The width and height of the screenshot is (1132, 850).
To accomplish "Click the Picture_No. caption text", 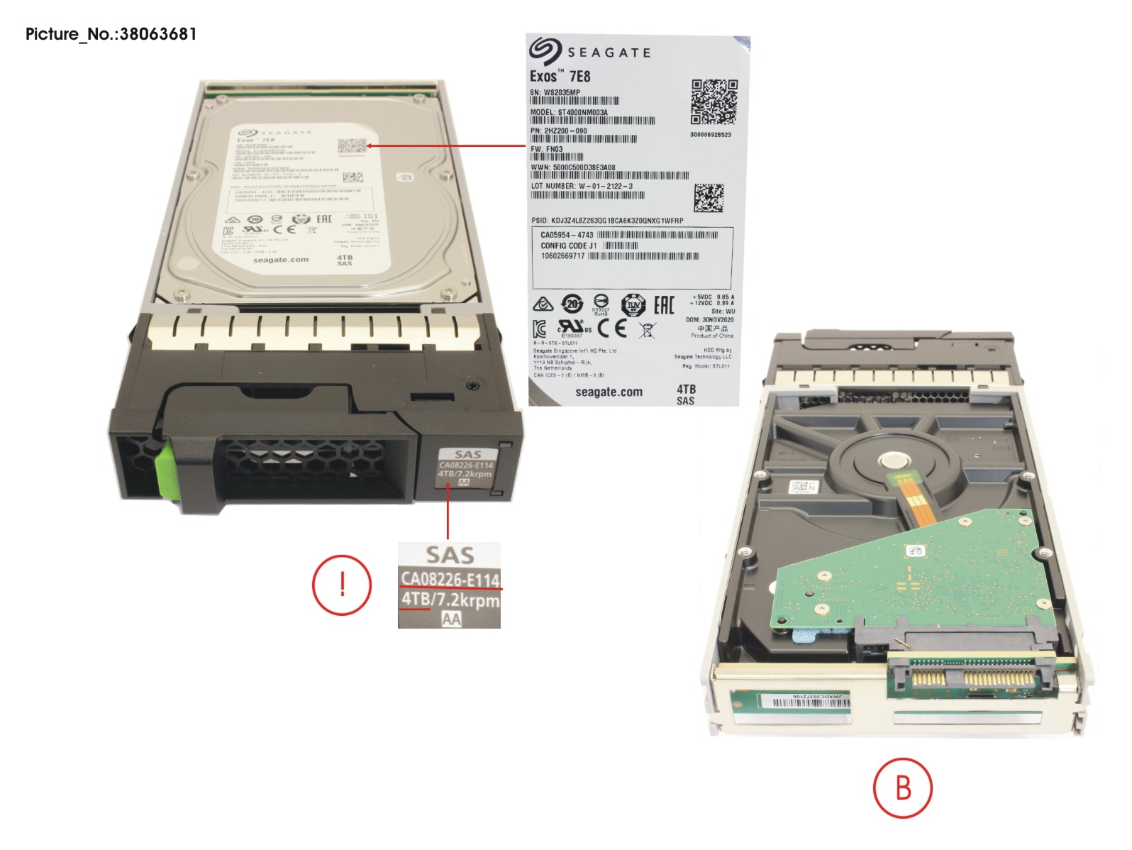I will pos(111,34).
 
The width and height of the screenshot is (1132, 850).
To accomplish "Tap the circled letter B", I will pos(902,788).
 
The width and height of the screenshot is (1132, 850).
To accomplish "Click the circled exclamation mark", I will pos(342,585).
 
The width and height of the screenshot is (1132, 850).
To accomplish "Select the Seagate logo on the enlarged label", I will pos(589,51).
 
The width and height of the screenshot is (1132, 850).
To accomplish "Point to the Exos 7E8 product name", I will pos(560,76).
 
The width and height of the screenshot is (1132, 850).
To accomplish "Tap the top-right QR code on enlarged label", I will pos(714,102).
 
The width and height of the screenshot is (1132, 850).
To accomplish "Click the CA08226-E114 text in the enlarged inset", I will pos(450,579).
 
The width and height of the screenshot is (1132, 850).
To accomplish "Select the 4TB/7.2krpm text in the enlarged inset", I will pos(450,600).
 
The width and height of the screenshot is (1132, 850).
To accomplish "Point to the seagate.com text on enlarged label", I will pos(609,392).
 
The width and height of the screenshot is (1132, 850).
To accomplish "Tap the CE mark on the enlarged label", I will pos(612,328).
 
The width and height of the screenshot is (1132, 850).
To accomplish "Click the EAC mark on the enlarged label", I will pos(663,306).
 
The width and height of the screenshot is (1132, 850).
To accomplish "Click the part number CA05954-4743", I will pos(567,235).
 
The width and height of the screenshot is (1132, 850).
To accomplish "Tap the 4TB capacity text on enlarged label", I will pos(686,389).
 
